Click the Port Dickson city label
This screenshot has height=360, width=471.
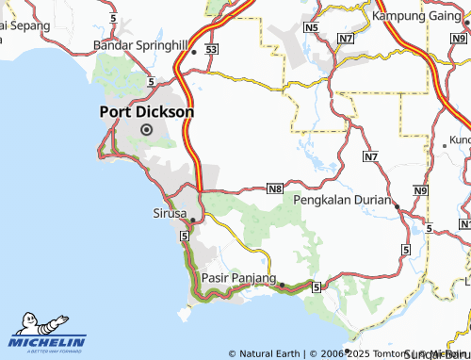click(147, 111)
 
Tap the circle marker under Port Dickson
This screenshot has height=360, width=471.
click(146, 130)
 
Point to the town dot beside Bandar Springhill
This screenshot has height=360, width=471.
click(194, 53)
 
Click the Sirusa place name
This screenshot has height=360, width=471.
click(170, 214)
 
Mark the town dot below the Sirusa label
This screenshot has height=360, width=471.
click(192, 221)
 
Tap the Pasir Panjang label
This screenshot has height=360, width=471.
click(239, 279)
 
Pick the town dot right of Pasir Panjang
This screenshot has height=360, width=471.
click(282, 284)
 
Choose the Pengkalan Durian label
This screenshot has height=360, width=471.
click(343, 200)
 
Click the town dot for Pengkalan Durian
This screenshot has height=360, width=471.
click(397, 205)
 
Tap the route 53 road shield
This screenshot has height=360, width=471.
click(212, 48)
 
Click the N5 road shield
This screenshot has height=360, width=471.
click(312, 28)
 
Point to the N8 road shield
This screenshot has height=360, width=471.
click(275, 189)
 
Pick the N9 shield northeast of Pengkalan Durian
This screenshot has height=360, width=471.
click(420, 191)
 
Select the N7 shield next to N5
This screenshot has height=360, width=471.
click(348, 39)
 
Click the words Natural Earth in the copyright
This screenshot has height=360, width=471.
click(271, 354)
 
